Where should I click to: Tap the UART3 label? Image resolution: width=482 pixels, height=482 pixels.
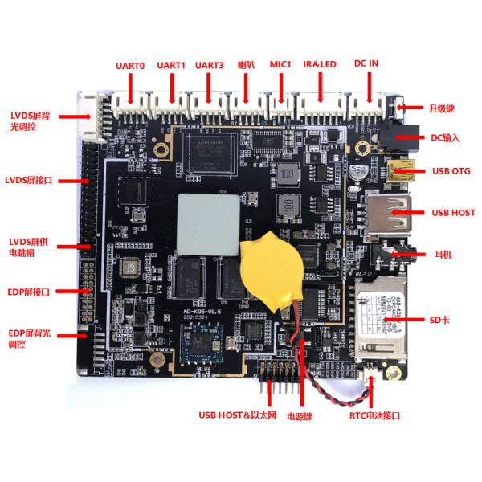click(x=210, y=66)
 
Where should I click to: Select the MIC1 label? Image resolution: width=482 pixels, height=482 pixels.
click(x=280, y=64)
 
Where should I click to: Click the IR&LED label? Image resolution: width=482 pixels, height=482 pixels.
click(x=321, y=64)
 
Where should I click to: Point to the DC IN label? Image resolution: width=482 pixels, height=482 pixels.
click(x=367, y=64)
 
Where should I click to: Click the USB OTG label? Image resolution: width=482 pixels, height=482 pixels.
click(x=451, y=171)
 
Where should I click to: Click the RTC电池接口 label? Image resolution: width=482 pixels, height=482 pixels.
click(x=374, y=415)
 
